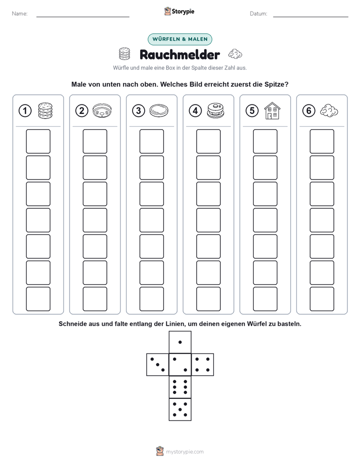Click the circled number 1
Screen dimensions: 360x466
pos(25,111)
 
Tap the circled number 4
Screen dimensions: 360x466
pos(195,111)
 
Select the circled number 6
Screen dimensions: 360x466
pos(309,111)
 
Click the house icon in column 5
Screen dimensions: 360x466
pos(272,110)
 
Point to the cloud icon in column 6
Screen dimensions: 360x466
pos(329,110)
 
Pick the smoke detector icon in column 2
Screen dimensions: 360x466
pos(102,111)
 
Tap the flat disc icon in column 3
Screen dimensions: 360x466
pos(159,111)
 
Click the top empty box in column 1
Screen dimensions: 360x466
pos(38,141)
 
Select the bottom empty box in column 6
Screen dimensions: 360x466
pos(322,299)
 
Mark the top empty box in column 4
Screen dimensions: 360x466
pos(208,141)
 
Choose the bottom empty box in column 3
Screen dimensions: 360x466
pos(151,299)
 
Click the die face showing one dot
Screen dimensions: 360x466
pos(180,342)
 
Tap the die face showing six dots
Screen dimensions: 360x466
pos(180,387)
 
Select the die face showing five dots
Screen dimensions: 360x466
pos(180,410)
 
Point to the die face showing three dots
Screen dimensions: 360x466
pos(158,365)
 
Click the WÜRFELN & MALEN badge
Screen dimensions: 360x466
pos(180,39)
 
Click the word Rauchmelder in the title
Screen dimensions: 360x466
pos(180,54)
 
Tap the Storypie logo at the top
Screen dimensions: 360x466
pos(179,11)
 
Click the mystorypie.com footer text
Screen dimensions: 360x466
pos(185,452)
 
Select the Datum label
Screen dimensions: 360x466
pos(259,14)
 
